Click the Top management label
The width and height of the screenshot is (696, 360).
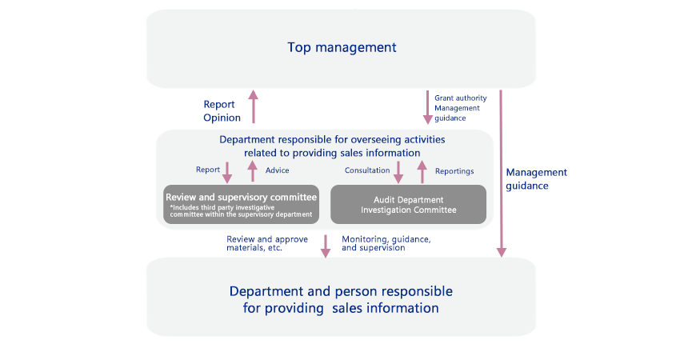[342, 47]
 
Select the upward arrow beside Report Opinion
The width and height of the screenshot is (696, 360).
[254, 106]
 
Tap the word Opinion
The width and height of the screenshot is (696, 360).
[222, 118]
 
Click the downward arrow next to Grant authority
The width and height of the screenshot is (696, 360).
[427, 107]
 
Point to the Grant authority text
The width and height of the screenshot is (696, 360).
[460, 98]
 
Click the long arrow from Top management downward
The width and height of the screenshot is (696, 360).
[501, 174]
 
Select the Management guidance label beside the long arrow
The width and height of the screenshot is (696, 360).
[536, 179]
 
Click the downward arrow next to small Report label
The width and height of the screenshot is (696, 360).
[227, 173]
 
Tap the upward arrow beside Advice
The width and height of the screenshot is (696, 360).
[253, 171]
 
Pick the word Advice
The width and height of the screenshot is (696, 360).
[277, 170]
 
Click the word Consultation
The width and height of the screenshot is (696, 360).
[367, 170]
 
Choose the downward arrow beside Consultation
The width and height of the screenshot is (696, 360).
[398, 173]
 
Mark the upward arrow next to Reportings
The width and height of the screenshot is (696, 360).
[422, 172]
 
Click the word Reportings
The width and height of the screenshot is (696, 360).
[454, 171]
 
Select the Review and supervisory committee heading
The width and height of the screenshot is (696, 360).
[241, 198]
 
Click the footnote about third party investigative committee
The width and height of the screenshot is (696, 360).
[241, 211]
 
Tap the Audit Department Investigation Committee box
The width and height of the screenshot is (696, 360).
[408, 204]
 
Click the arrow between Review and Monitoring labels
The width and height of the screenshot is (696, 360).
[326, 246]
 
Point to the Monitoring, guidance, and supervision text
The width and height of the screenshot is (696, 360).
[386, 244]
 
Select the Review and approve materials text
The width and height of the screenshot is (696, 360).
[266, 244]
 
